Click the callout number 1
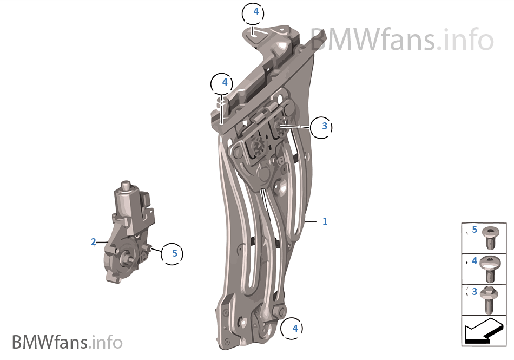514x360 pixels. click(325, 221)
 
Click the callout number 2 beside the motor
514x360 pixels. click(94, 242)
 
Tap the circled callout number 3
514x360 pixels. click(321, 127)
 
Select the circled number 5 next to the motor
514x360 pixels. click(172, 254)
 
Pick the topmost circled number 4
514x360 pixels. click(253, 13)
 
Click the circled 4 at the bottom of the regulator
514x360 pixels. click(292, 328)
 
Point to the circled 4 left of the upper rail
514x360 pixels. click(222, 84)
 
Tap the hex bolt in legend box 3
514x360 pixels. click(489, 300)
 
